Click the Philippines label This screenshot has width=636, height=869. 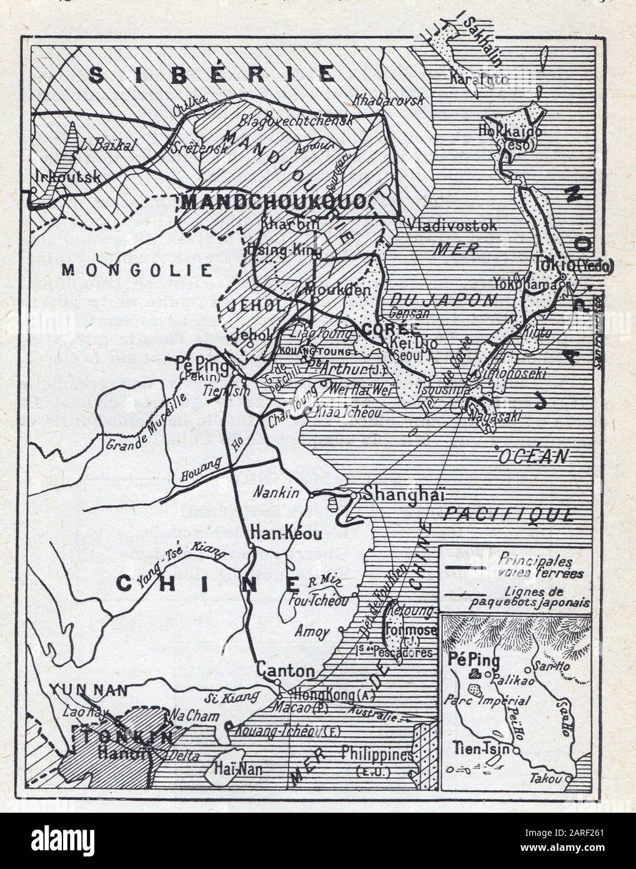(x=377, y=755)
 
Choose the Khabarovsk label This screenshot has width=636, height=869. (x=389, y=99)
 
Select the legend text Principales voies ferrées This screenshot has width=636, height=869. (x=541, y=565)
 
